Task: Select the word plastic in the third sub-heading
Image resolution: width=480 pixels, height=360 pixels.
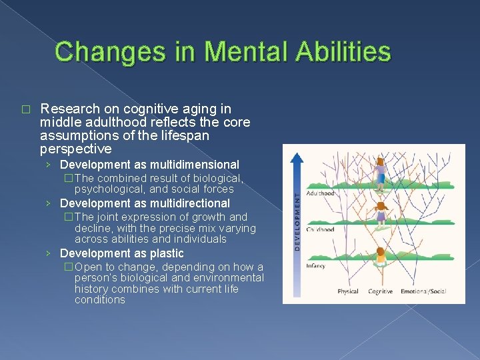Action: click(166, 253)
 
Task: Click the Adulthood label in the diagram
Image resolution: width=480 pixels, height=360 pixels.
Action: click(320, 193)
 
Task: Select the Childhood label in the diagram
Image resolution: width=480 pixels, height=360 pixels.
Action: click(320, 229)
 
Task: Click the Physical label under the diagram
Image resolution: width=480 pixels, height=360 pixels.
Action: click(348, 291)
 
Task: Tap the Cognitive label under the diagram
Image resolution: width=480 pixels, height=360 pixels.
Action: click(381, 291)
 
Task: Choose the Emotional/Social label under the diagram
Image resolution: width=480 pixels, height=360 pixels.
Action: click(424, 291)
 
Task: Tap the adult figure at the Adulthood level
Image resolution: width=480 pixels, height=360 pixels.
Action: click(381, 172)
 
